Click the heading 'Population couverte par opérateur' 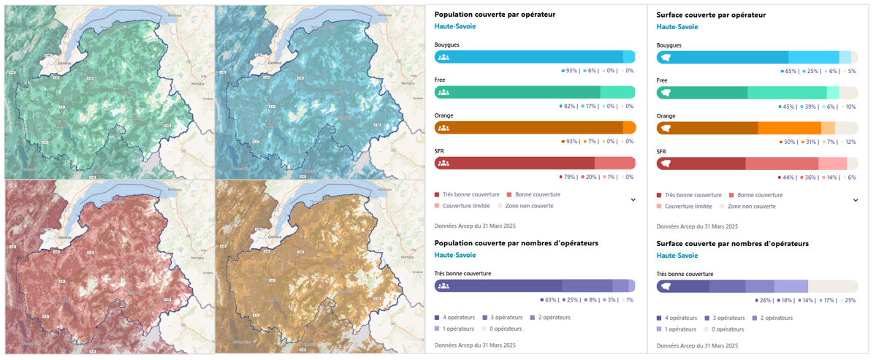[495, 14]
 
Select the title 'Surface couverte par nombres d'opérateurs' [733, 243]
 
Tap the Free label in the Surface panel [662, 80]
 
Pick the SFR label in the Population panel [440, 151]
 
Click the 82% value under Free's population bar [569, 106]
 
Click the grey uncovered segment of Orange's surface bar [846, 128]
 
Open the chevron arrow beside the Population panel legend [633, 199]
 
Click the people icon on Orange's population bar [443, 128]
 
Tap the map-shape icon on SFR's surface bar [666, 163]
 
